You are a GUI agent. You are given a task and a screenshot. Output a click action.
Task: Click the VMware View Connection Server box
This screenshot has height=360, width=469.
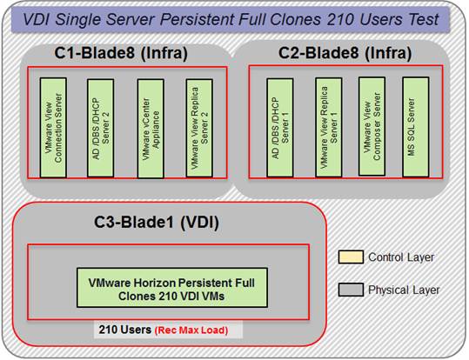(53, 128)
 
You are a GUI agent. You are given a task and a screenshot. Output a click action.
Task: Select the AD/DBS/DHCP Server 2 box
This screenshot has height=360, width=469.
(101, 128)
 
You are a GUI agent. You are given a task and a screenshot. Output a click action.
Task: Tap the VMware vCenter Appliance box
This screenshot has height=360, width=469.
(151, 129)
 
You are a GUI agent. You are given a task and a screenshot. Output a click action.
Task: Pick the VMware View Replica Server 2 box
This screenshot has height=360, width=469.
(199, 128)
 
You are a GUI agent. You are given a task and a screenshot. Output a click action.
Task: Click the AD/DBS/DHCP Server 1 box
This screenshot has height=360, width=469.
(280, 128)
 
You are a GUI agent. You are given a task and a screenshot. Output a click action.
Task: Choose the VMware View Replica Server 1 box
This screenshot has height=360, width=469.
(329, 127)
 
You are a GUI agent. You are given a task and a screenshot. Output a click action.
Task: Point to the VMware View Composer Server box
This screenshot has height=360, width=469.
(372, 126)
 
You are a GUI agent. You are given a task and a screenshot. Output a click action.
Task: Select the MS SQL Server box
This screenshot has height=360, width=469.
(416, 127)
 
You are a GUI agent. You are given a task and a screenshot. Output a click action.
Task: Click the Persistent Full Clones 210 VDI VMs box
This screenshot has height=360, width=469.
(172, 288)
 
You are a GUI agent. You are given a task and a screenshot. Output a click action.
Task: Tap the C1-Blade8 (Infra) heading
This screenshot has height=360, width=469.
(121, 53)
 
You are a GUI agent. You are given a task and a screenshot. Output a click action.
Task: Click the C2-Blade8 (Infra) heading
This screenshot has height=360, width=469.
(345, 53)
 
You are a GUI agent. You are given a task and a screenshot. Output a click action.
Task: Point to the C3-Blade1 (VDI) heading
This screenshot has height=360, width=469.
(157, 222)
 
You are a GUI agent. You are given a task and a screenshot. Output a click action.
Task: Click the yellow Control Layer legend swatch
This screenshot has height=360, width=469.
(351, 257)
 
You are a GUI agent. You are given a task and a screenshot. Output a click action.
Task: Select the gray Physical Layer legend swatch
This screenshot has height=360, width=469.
(351, 290)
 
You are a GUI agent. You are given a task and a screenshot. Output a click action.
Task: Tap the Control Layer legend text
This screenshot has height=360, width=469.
(401, 257)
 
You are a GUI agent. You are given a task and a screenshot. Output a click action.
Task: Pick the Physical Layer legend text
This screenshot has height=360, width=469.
(404, 290)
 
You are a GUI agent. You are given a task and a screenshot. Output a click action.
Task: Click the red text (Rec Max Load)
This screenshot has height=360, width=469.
(191, 330)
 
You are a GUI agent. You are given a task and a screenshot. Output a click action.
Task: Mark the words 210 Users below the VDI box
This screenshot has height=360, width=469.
(125, 330)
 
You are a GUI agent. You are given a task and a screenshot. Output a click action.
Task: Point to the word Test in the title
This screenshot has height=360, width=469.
(424, 20)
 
